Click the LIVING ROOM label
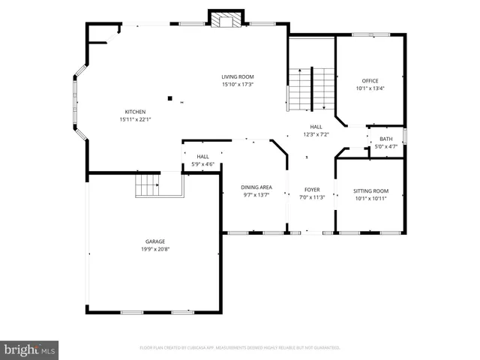237,76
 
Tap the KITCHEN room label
135,112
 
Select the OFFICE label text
370,81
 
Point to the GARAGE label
155,241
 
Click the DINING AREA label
256,187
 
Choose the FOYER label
312,190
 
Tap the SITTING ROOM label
371,190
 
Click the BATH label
385,139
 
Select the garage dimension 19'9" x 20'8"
155,249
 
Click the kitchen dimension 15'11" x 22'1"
135,119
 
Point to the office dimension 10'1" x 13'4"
370,88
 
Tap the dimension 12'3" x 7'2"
316,135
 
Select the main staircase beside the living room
311,88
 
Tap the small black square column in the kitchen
170,97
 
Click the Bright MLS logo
30,349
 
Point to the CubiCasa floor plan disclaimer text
240,348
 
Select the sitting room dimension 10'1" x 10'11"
371,198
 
